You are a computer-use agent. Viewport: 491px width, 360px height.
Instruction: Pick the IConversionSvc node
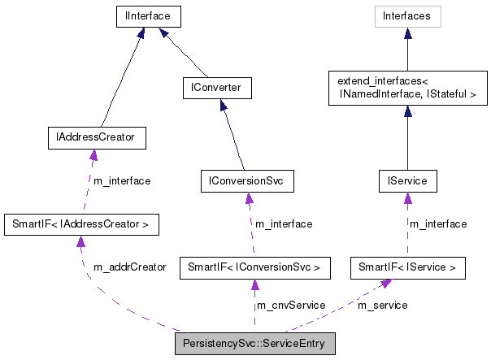pyautogui.click(x=246, y=180)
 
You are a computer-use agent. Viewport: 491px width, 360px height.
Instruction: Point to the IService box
pyautogui.click(x=408, y=180)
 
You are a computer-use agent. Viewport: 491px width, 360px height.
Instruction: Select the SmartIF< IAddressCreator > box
pyautogui.click(x=81, y=223)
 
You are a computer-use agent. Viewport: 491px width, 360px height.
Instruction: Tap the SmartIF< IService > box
pyautogui.click(x=408, y=266)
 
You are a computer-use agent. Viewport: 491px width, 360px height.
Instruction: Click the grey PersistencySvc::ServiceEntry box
pyautogui.click(x=254, y=344)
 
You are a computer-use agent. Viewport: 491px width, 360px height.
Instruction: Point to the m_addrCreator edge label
pyautogui.click(x=130, y=267)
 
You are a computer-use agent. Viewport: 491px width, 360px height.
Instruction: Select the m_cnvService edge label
pyautogui.click(x=291, y=305)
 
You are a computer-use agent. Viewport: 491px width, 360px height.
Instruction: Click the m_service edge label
pyautogui.click(x=383, y=305)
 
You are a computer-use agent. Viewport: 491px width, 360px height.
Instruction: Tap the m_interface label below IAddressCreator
pyautogui.click(x=122, y=180)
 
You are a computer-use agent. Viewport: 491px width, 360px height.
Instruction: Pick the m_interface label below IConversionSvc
pyautogui.click(x=284, y=223)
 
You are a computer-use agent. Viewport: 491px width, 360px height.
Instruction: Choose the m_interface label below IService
pyautogui.click(x=438, y=223)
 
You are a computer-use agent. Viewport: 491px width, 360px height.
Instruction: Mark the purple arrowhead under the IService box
pyautogui.click(x=408, y=198)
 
